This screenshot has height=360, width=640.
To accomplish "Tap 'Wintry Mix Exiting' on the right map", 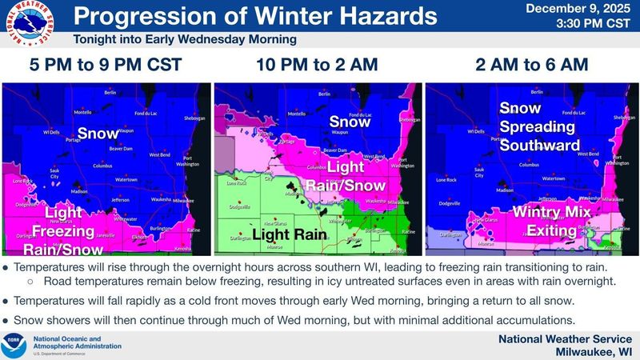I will pyautogui.click(x=551, y=222).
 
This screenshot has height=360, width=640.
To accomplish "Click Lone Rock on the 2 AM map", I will pyautogui.click(x=446, y=181).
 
